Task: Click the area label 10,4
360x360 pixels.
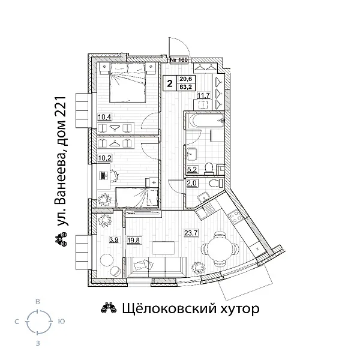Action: coord(106,116)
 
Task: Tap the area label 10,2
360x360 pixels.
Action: coord(106,159)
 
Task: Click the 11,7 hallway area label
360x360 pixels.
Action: coord(204,95)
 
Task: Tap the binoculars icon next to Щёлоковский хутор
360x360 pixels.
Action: coord(107,310)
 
